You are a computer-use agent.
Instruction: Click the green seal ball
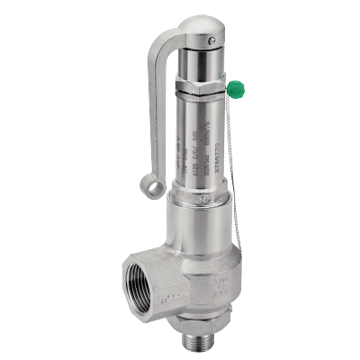point(236,88)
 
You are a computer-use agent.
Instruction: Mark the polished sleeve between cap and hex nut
point(205,65)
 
